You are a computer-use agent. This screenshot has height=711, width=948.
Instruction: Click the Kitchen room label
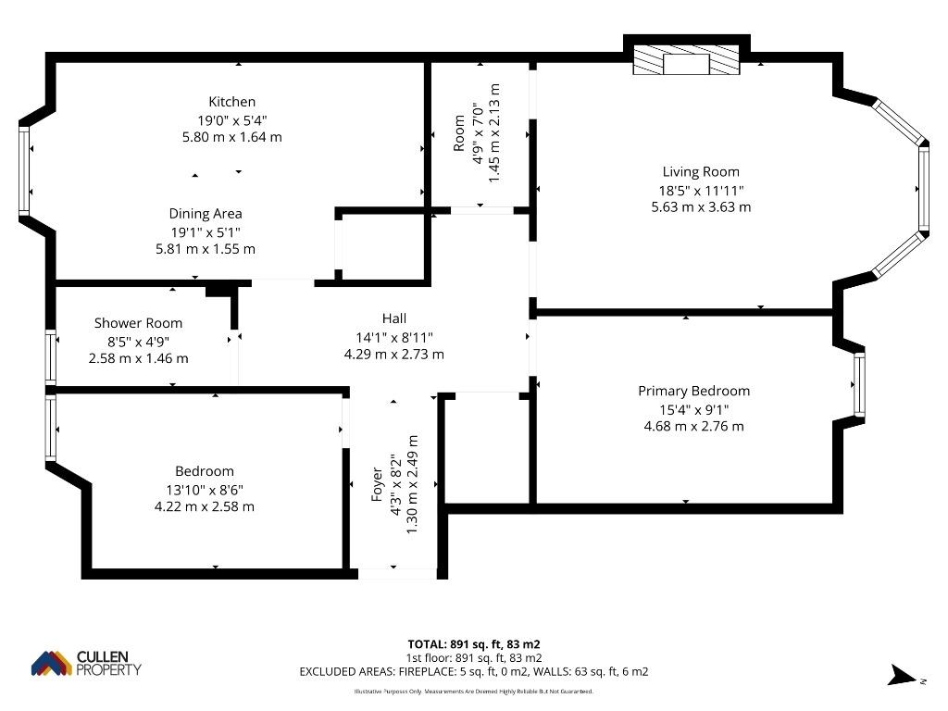point(232,102)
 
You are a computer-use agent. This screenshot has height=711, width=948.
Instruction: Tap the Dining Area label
point(206,214)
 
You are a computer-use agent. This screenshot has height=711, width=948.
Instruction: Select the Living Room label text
point(701,171)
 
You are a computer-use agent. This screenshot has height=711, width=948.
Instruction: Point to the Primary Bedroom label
point(694,392)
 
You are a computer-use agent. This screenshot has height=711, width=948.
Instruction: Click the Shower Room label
point(139,323)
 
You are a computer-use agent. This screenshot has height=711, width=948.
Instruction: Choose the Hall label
point(394,318)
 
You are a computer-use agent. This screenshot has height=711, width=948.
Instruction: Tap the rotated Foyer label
point(377,484)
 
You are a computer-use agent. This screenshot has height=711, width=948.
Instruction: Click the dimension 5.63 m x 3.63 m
point(701,206)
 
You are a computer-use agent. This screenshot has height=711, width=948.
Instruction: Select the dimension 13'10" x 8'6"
point(205,490)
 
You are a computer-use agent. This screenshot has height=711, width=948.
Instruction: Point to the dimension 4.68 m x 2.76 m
point(694,426)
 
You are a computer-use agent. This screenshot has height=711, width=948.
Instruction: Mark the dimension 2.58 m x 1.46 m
point(139,358)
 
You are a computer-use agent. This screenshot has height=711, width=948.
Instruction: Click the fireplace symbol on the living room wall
point(686,60)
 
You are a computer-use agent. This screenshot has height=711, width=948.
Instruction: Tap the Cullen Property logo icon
point(52,663)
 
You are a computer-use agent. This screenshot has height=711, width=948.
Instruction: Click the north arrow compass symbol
point(904,675)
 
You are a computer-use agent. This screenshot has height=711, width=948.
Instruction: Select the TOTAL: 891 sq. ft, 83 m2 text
point(474,644)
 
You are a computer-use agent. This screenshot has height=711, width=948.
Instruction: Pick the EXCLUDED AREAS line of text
point(474,672)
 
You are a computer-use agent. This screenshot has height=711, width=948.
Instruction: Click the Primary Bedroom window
point(859,384)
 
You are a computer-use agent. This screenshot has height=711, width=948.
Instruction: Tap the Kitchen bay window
point(23,170)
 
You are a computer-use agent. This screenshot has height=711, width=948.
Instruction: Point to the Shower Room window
point(51,356)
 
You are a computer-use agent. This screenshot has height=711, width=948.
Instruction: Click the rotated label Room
point(459,133)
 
